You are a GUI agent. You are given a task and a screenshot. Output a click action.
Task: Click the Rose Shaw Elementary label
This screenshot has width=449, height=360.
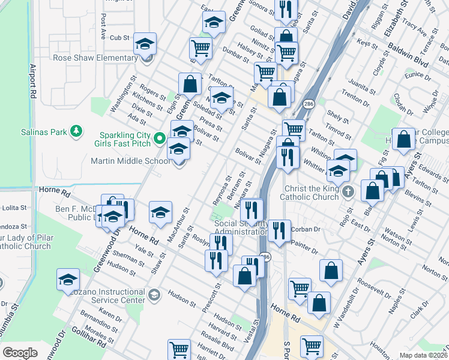click(95, 58)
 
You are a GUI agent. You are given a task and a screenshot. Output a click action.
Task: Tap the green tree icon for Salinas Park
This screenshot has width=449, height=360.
click(76, 130)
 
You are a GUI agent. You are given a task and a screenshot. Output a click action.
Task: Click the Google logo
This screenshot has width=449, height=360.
click(20, 353)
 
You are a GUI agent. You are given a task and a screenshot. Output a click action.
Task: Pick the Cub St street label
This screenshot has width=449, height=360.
click(120, 37)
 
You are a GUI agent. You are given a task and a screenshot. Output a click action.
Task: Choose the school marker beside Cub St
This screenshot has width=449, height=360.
click(145, 44)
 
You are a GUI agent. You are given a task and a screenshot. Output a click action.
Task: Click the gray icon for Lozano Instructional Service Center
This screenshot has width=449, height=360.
click(155, 294)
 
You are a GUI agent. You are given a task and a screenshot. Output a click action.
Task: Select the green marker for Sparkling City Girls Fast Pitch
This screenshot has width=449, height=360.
click(160, 139)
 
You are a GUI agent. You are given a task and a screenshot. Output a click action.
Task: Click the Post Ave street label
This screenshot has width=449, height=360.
click(103, 26)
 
